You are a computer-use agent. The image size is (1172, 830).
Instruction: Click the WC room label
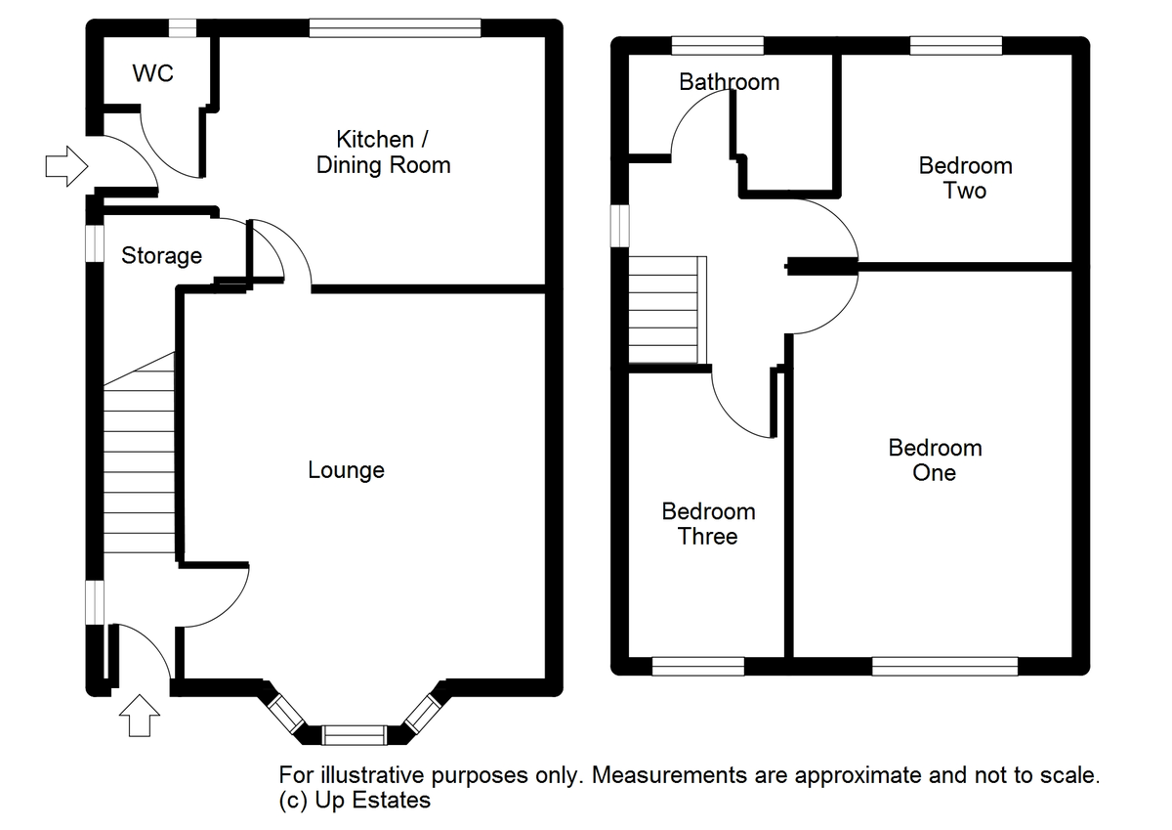152,73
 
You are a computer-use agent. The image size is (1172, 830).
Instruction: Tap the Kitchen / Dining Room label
383,153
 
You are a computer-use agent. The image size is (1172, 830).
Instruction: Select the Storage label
162,256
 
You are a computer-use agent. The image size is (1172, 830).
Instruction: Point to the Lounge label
346,470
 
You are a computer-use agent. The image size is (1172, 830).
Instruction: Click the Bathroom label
730,82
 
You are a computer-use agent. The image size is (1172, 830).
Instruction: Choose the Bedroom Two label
965,178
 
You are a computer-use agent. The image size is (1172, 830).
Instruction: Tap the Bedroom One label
935,460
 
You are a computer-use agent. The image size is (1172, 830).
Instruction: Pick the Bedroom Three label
708,524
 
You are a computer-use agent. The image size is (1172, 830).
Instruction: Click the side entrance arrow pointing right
66,166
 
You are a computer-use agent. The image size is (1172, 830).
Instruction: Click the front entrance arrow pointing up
140,716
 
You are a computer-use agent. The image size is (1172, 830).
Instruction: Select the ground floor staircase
139,453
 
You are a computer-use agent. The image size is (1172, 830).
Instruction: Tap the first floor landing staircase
668,310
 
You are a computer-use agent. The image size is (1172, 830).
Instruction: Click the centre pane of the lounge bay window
355,735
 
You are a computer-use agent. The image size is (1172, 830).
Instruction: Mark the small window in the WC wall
183,28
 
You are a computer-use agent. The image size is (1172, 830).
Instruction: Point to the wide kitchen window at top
395,28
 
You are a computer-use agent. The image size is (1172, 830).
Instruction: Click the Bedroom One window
945,666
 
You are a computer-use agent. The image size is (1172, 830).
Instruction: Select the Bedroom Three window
698,666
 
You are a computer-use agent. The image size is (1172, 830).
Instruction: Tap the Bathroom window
718,46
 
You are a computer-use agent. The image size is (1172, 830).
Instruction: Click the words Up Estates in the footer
372,800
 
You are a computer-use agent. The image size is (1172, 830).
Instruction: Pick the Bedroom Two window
956,46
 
